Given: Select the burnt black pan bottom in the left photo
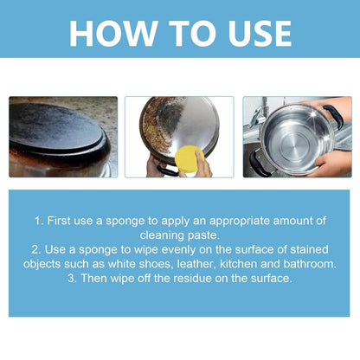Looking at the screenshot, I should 59,137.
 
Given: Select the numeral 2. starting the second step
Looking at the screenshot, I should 38,250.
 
